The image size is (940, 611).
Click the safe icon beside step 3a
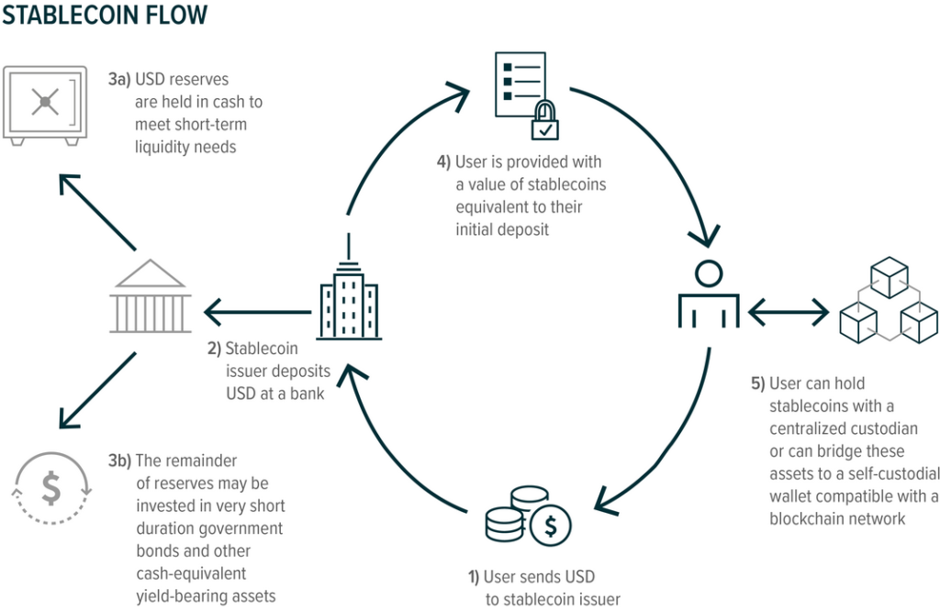coord(45,105)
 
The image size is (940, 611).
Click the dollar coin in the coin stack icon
coord(551,525)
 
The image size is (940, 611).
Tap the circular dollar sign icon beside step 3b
coord(51,489)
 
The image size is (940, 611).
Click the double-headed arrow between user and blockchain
coord(789,313)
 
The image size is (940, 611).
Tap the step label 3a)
coord(119,80)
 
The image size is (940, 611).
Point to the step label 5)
coord(757,383)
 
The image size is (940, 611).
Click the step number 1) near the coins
coord(474,577)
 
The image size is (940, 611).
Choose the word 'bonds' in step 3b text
coord(157,551)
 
